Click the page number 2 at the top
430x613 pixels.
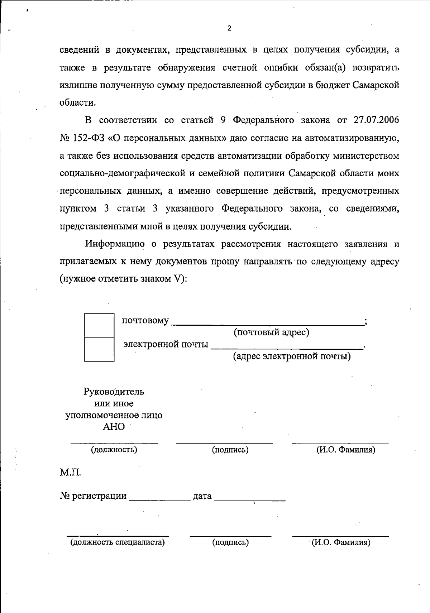[229, 29]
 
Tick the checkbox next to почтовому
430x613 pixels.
[99, 325]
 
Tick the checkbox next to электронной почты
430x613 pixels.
[99, 349]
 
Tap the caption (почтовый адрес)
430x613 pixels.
[271, 332]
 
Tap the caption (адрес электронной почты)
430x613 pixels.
[292, 356]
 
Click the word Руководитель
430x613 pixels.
[114, 392]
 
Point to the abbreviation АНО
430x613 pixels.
[114, 427]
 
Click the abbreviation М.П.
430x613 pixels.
[70, 473]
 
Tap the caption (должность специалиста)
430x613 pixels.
[118, 542]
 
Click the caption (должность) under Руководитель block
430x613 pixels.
[114, 449]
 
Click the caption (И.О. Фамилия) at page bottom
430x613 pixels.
[340, 542]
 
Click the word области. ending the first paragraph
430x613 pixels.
[78, 103]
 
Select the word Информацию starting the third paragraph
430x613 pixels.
[115, 244]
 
